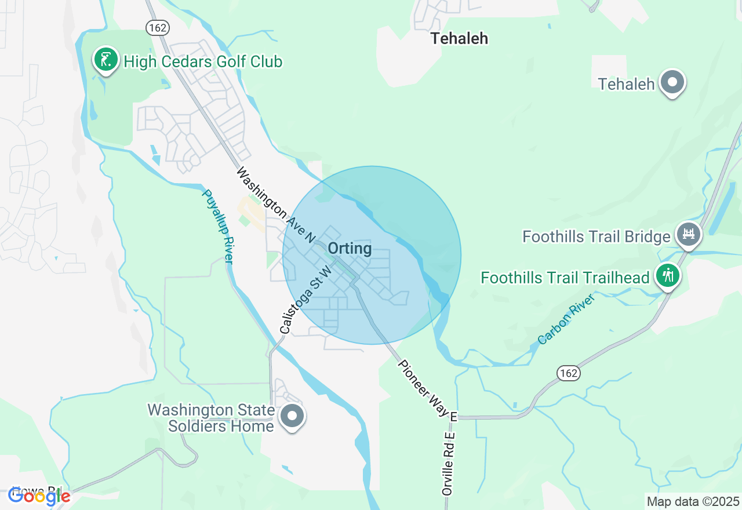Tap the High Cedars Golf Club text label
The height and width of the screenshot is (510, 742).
click(203, 61)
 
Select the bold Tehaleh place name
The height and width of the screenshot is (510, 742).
click(459, 38)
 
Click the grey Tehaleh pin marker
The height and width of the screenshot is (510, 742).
click(672, 82)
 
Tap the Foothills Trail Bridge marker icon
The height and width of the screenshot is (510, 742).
click(689, 234)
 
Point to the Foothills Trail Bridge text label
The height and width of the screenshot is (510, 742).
click(596, 236)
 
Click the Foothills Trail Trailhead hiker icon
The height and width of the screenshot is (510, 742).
click(668, 275)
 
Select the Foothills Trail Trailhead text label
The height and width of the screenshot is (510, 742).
click(565, 278)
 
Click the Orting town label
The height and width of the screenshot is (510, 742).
click(350, 249)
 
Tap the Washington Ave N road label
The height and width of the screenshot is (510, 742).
click(276, 205)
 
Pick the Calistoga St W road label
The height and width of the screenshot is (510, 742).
click(305, 300)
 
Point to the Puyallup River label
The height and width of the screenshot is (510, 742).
click(217, 227)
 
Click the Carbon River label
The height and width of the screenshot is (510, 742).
click(566, 319)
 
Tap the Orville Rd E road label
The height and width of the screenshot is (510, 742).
click(448, 463)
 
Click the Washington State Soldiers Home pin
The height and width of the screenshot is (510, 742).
click(292, 416)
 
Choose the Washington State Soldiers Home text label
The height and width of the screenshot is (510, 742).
click(210, 418)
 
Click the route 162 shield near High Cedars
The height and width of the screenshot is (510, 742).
click(157, 27)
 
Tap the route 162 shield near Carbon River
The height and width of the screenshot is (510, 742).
click(569, 373)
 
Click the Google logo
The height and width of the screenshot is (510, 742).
click(39, 496)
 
